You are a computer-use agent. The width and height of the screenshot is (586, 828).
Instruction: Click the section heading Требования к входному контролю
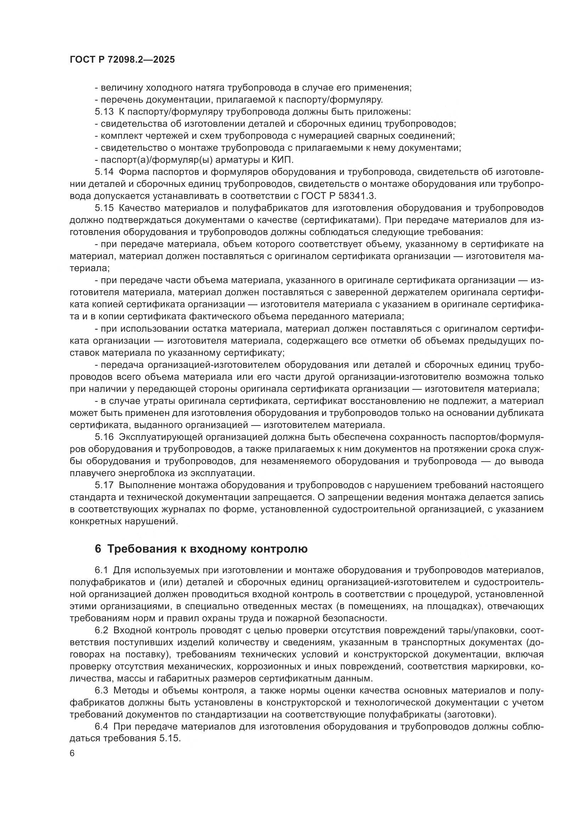(x=208, y=549)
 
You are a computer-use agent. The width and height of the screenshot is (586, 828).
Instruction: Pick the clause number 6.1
(x=101, y=570)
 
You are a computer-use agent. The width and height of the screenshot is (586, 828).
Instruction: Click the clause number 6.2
(x=101, y=630)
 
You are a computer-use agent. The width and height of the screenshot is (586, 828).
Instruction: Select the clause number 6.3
(x=101, y=691)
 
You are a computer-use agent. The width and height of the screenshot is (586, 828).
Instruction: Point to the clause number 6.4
(x=101, y=727)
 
